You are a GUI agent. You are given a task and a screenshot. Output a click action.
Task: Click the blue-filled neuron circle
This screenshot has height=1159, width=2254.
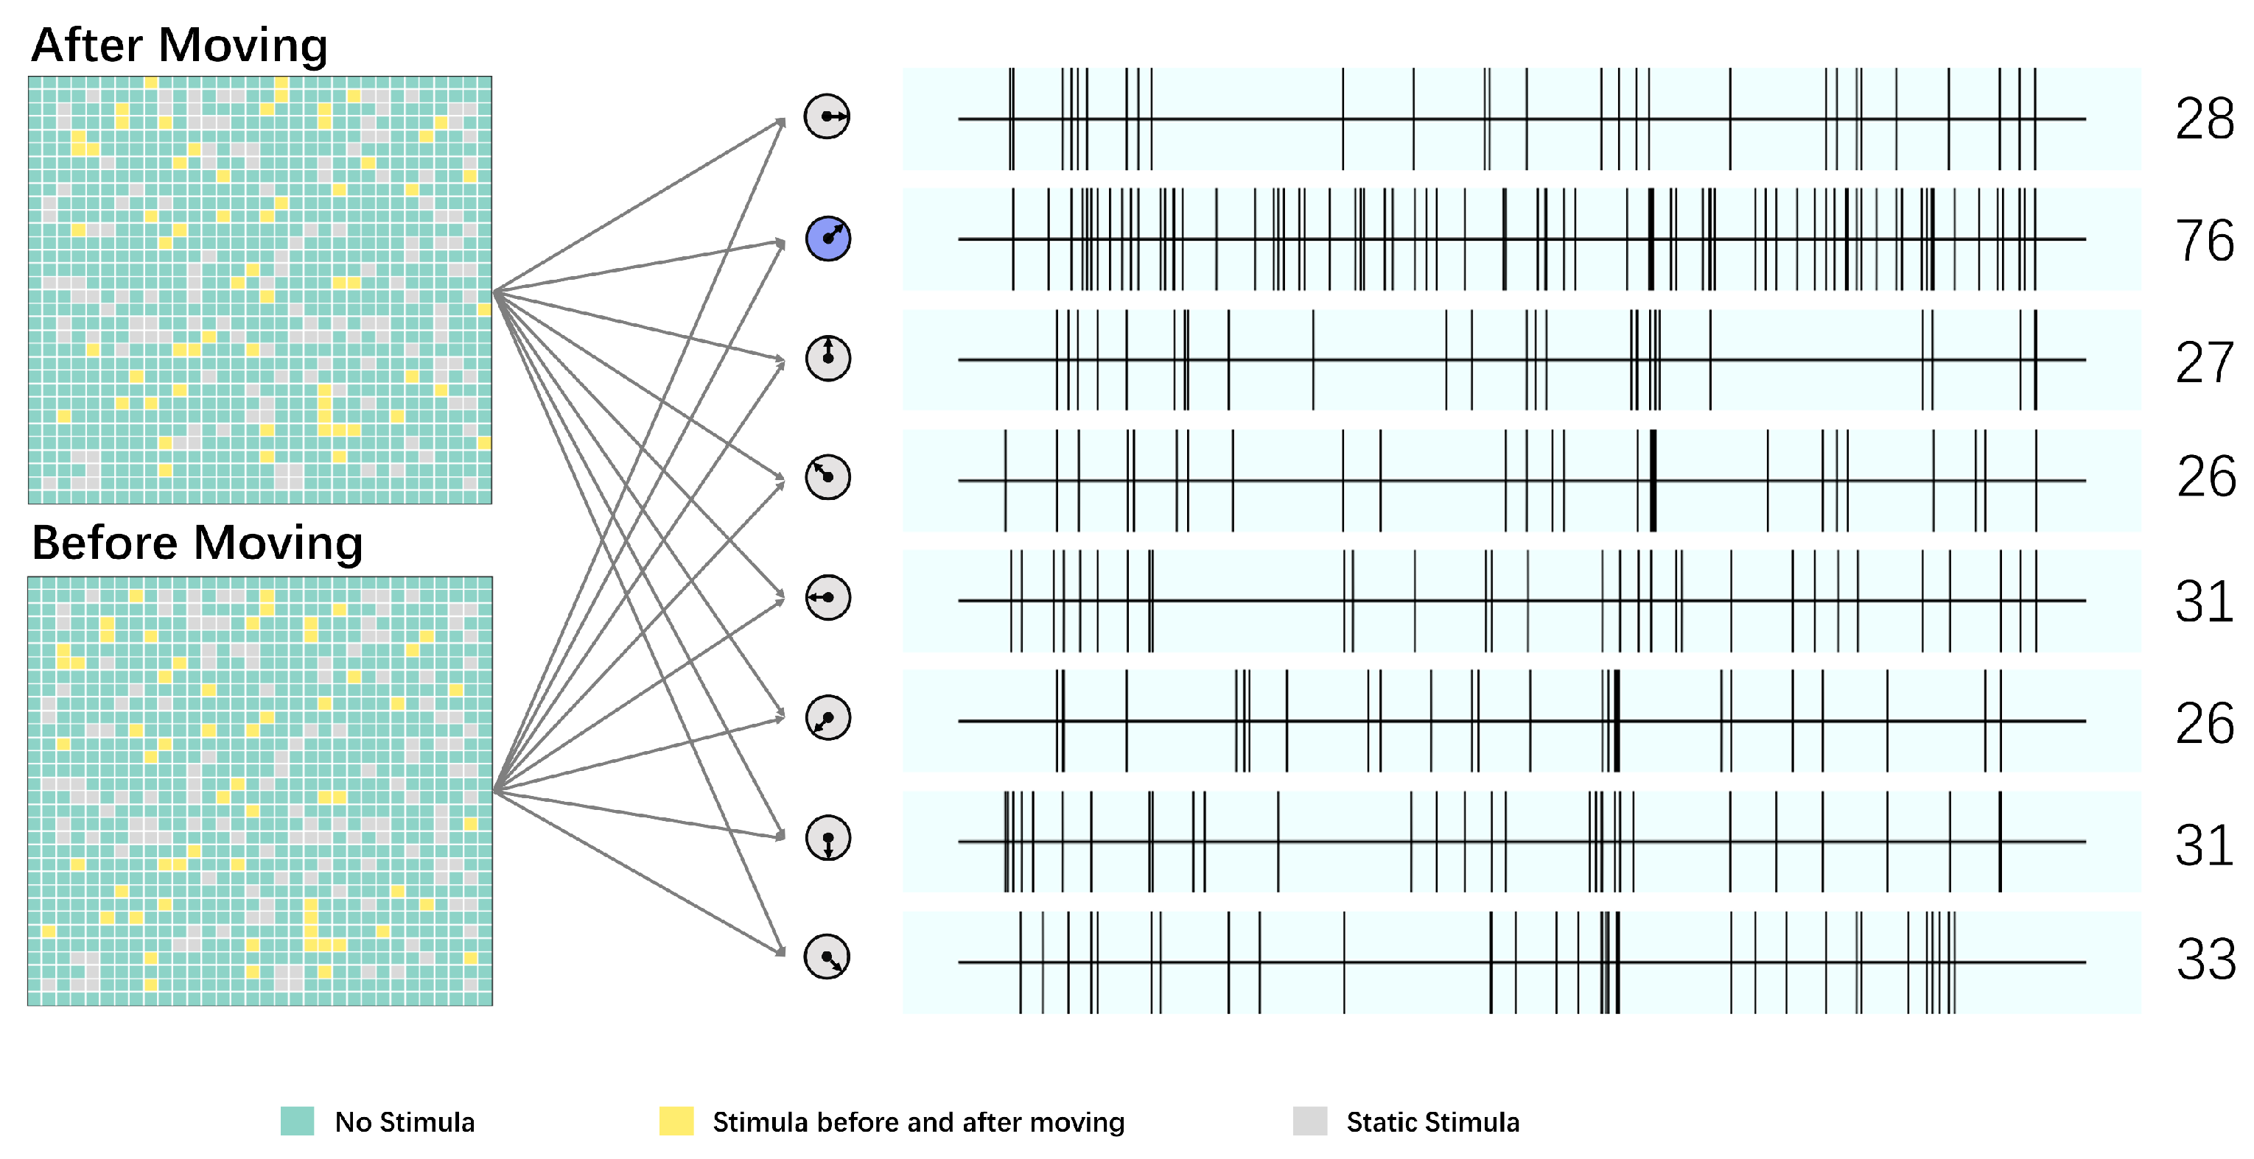(827, 238)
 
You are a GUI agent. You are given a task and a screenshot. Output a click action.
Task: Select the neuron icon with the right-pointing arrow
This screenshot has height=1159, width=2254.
(827, 116)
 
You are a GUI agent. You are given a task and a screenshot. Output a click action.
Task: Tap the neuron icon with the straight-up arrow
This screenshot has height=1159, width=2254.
(827, 358)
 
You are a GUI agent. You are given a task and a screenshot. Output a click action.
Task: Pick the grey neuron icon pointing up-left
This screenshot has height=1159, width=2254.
(827, 476)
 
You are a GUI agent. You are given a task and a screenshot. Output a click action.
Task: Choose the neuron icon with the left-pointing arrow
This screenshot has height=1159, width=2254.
(827, 597)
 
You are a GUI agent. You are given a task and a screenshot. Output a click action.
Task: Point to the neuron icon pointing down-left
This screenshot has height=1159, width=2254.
(827, 718)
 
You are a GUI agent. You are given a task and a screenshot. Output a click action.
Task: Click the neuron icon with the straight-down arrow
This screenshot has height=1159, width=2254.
(827, 838)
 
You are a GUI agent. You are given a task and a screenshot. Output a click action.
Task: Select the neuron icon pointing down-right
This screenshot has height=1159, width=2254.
(827, 957)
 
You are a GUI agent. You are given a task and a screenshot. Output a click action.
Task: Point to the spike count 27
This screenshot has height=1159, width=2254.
(2204, 362)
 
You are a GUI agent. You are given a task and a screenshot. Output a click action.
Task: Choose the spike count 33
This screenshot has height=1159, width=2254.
(2205, 959)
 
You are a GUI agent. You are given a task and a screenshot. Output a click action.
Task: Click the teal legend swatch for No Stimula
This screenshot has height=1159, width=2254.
(298, 1121)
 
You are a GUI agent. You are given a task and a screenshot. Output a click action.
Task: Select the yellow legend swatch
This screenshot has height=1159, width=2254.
(676, 1121)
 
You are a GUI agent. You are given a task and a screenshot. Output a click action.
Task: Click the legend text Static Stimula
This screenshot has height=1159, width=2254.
(1432, 1122)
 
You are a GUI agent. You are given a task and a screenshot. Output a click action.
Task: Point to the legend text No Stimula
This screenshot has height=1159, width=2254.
(405, 1122)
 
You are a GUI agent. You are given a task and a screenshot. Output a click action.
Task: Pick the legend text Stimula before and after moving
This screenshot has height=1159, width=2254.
(918, 1122)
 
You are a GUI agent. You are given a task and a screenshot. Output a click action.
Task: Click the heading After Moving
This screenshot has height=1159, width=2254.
(179, 45)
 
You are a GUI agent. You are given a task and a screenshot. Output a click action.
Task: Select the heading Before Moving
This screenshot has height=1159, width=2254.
(197, 543)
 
